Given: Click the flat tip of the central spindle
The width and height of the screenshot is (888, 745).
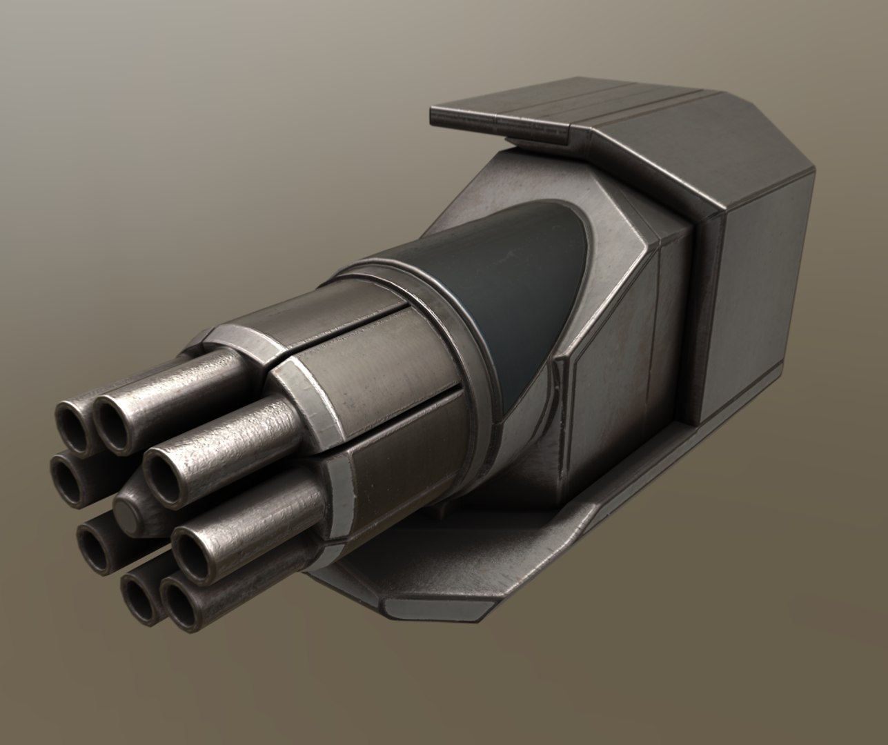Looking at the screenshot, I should pos(126,513).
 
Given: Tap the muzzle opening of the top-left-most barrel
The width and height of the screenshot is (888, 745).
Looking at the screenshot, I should pos(72,419).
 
